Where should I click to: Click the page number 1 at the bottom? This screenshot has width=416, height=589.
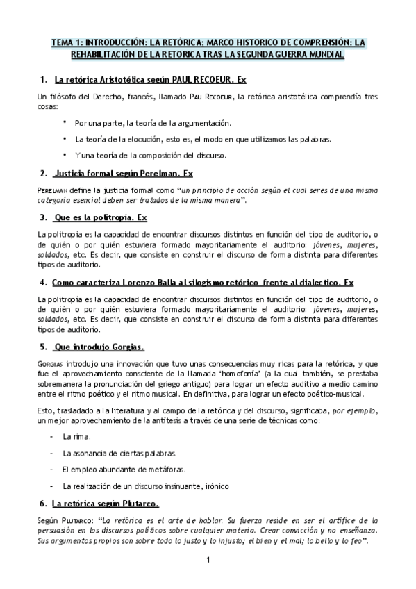[x=207, y=559]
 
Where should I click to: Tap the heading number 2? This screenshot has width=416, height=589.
[x=43, y=173]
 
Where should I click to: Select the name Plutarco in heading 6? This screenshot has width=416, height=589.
[x=137, y=502]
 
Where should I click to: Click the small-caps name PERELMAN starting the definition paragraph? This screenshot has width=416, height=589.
[x=54, y=190]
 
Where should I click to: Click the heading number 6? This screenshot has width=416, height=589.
[x=43, y=502]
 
